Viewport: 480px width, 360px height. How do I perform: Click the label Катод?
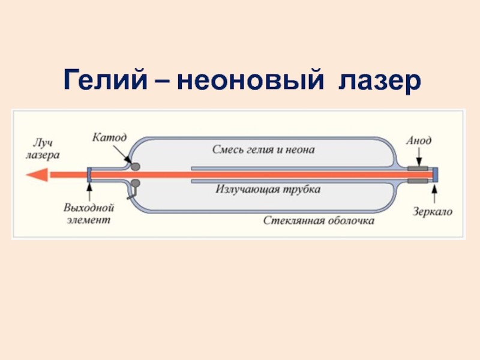[x=109, y=137]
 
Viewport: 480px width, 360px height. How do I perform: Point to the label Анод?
[x=418, y=140]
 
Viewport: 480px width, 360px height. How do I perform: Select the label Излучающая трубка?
[x=268, y=190]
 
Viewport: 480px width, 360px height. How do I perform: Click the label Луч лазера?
[x=43, y=149]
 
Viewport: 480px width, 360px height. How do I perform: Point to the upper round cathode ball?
[x=136, y=165]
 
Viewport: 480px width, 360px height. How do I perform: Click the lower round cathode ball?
[x=136, y=184]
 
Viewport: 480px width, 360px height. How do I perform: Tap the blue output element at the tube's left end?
[x=89, y=175]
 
